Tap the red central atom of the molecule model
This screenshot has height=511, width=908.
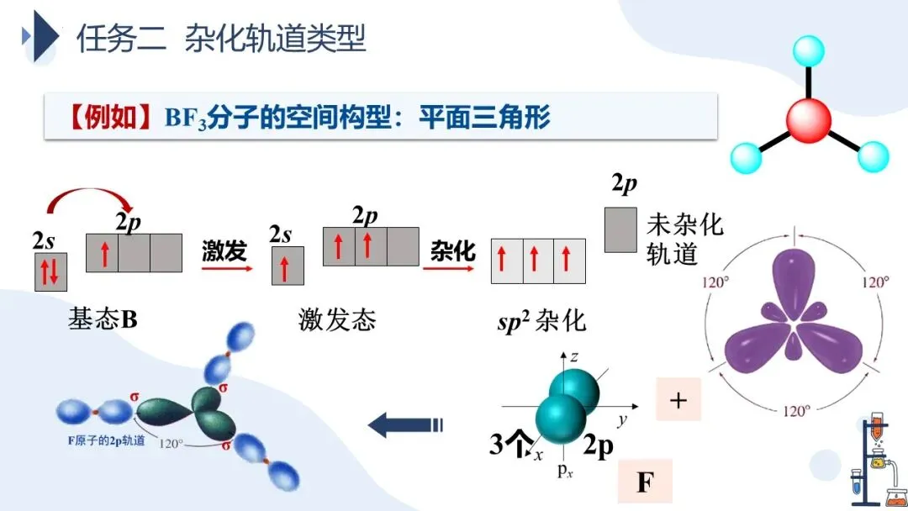click(808, 119)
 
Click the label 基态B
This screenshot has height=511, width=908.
click(102, 319)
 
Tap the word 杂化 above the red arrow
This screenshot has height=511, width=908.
click(453, 250)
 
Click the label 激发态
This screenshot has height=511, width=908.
click(336, 319)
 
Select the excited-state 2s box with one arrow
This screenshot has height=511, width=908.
click(287, 266)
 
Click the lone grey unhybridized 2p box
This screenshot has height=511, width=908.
click(620, 229)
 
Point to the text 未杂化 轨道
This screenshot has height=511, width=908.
click(684, 239)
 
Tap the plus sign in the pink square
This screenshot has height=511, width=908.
click(678, 400)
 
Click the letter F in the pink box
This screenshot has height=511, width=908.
click(645, 483)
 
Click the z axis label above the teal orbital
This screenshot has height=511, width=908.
click(574, 357)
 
